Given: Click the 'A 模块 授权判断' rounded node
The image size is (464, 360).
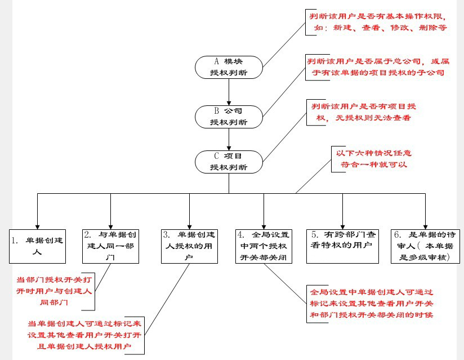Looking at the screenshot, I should [229, 66].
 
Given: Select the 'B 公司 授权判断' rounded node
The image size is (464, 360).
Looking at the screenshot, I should [229, 115].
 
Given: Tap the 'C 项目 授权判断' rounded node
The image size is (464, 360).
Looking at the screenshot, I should [229, 161].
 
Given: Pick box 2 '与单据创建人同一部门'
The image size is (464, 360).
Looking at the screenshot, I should [110, 246].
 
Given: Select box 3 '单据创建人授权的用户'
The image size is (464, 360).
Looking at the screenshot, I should [190, 246].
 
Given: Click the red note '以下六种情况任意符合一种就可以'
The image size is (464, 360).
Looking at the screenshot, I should [371, 158].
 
